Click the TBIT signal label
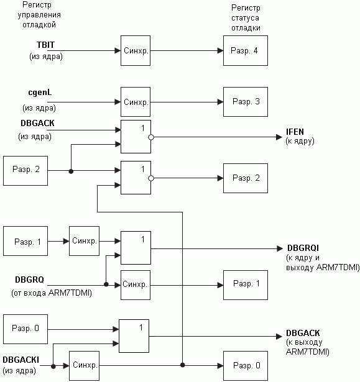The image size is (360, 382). point(45,45)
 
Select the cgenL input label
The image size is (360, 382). point(40,93)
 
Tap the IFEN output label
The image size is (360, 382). point(295,132)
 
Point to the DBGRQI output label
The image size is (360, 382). point(303,248)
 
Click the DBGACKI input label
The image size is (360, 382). point(21,360)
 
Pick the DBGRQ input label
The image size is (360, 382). point(29,280)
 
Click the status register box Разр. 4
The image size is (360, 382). point(246,51)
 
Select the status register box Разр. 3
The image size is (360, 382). point(246,102)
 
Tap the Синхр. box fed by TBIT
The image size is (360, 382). point(136,51)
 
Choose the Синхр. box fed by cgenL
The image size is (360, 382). point(136,102)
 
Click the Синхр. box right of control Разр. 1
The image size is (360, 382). point(84,241)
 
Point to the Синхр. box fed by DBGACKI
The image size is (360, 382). point(84,366)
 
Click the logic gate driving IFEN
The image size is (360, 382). point(136,137)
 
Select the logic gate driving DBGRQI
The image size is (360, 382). point(136,248)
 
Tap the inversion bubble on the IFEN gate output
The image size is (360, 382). point(151,137)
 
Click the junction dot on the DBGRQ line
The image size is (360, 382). point(106,284)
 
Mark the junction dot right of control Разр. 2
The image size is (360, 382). point(71,171)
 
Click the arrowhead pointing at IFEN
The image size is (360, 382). point(279,137)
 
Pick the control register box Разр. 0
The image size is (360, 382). point(25,329)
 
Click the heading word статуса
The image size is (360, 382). point(245,18)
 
